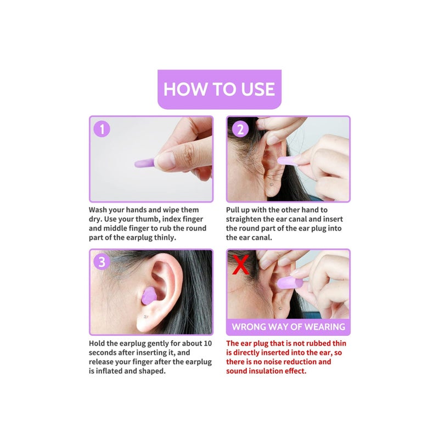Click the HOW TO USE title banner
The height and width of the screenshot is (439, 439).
click(219, 89)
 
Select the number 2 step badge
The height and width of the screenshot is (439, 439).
click(240, 129)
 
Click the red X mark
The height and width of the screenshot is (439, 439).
click(240, 264)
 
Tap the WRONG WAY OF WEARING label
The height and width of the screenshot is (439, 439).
click(288, 327)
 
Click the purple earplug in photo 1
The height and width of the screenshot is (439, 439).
click(144, 163)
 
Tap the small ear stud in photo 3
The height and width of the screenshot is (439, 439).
click(144, 317)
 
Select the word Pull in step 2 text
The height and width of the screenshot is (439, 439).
click(234, 210)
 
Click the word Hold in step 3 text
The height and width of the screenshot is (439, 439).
click(99, 344)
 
